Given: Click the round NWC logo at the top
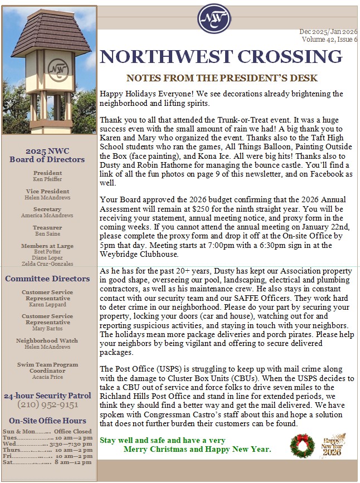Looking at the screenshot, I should (x=214, y=18).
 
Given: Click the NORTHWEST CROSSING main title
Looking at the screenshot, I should (x=221, y=56).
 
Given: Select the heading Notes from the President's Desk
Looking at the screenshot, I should (x=222, y=78).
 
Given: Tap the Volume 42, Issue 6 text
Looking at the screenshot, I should (x=329, y=40).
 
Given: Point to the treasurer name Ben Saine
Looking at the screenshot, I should (x=47, y=233).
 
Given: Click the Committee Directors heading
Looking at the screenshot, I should (x=47, y=279).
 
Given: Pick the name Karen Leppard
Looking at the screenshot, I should (x=47, y=305).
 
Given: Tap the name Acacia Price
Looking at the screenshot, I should (x=47, y=377).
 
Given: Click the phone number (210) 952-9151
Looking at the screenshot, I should (x=47, y=405).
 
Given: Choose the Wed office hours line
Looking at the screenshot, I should (x=47, y=444).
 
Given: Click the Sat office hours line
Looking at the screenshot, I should (x=47, y=462).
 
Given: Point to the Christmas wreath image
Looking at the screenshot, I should (x=302, y=445).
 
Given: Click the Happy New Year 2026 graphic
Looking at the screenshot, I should (x=335, y=445).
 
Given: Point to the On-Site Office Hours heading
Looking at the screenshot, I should (x=47, y=421).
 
